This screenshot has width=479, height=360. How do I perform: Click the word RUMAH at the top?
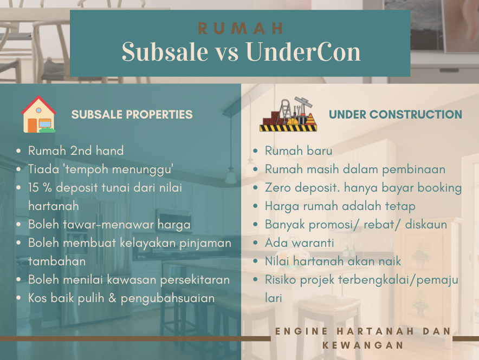pyautogui.click(x=241, y=28)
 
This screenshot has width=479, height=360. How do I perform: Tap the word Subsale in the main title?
pyautogui.click(x=165, y=51)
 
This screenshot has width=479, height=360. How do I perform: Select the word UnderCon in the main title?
pyautogui.click(x=303, y=51)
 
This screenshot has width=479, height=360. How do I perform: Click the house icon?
pyautogui.click(x=38, y=114)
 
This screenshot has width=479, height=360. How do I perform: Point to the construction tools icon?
pyautogui.click(x=288, y=114)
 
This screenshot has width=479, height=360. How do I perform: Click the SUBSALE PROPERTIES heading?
pyautogui.click(x=132, y=114)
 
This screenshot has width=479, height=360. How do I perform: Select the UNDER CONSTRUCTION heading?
pyautogui.click(x=396, y=114)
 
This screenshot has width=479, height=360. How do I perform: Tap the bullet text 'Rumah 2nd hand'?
pyautogui.click(x=76, y=150)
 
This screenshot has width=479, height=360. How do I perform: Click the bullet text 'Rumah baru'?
pyautogui.click(x=299, y=150)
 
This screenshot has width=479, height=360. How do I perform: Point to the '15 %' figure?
pyautogui.click(x=40, y=188)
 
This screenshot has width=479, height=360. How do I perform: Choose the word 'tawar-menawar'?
pyautogui.click(x=108, y=225)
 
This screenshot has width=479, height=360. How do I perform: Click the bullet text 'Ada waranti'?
pyautogui.click(x=299, y=243)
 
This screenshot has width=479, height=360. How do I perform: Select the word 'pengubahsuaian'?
pyautogui.click(x=168, y=298)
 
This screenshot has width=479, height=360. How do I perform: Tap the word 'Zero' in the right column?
pyautogui.click(x=277, y=188)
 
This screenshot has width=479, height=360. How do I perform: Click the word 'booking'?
pyautogui.click(x=439, y=188)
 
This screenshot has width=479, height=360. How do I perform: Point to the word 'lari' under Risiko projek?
pyautogui.click(x=274, y=298)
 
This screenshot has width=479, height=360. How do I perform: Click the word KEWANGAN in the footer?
pyautogui.click(x=363, y=345)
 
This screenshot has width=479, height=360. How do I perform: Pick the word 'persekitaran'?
pyautogui.click(x=195, y=280)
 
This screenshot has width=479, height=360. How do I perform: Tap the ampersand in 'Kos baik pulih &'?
pyautogui.click(x=112, y=298)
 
